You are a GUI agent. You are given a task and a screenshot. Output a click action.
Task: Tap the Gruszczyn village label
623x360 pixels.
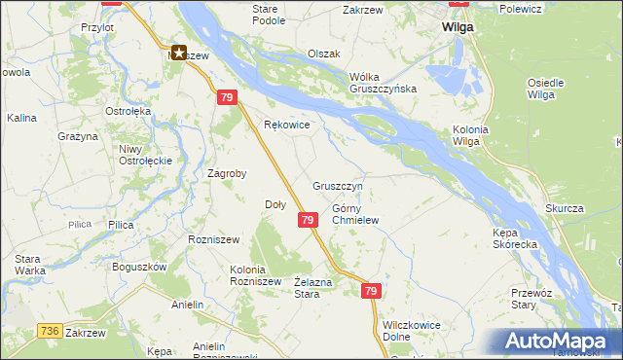(x=338, y=186)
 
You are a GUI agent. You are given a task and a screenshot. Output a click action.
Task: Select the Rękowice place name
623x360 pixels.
(x=287, y=125)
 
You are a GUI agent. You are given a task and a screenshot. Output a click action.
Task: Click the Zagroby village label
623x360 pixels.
(x=227, y=173)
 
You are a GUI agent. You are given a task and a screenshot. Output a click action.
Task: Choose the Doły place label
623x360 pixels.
(x=275, y=204)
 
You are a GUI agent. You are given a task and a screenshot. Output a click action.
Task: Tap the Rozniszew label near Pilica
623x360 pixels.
(x=212, y=237)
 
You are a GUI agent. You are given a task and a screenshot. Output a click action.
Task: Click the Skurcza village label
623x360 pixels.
(x=564, y=209)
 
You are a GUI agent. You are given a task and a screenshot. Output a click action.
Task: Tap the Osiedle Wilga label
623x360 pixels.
(x=545, y=89)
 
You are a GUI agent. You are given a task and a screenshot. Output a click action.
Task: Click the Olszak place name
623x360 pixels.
(x=323, y=54)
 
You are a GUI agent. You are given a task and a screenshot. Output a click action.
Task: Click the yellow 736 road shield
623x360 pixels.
(x=51, y=332)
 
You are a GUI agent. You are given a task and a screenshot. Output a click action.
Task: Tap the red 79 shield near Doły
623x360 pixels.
(x=307, y=221)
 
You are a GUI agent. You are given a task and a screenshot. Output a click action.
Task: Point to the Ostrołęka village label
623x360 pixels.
(x=128, y=111)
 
